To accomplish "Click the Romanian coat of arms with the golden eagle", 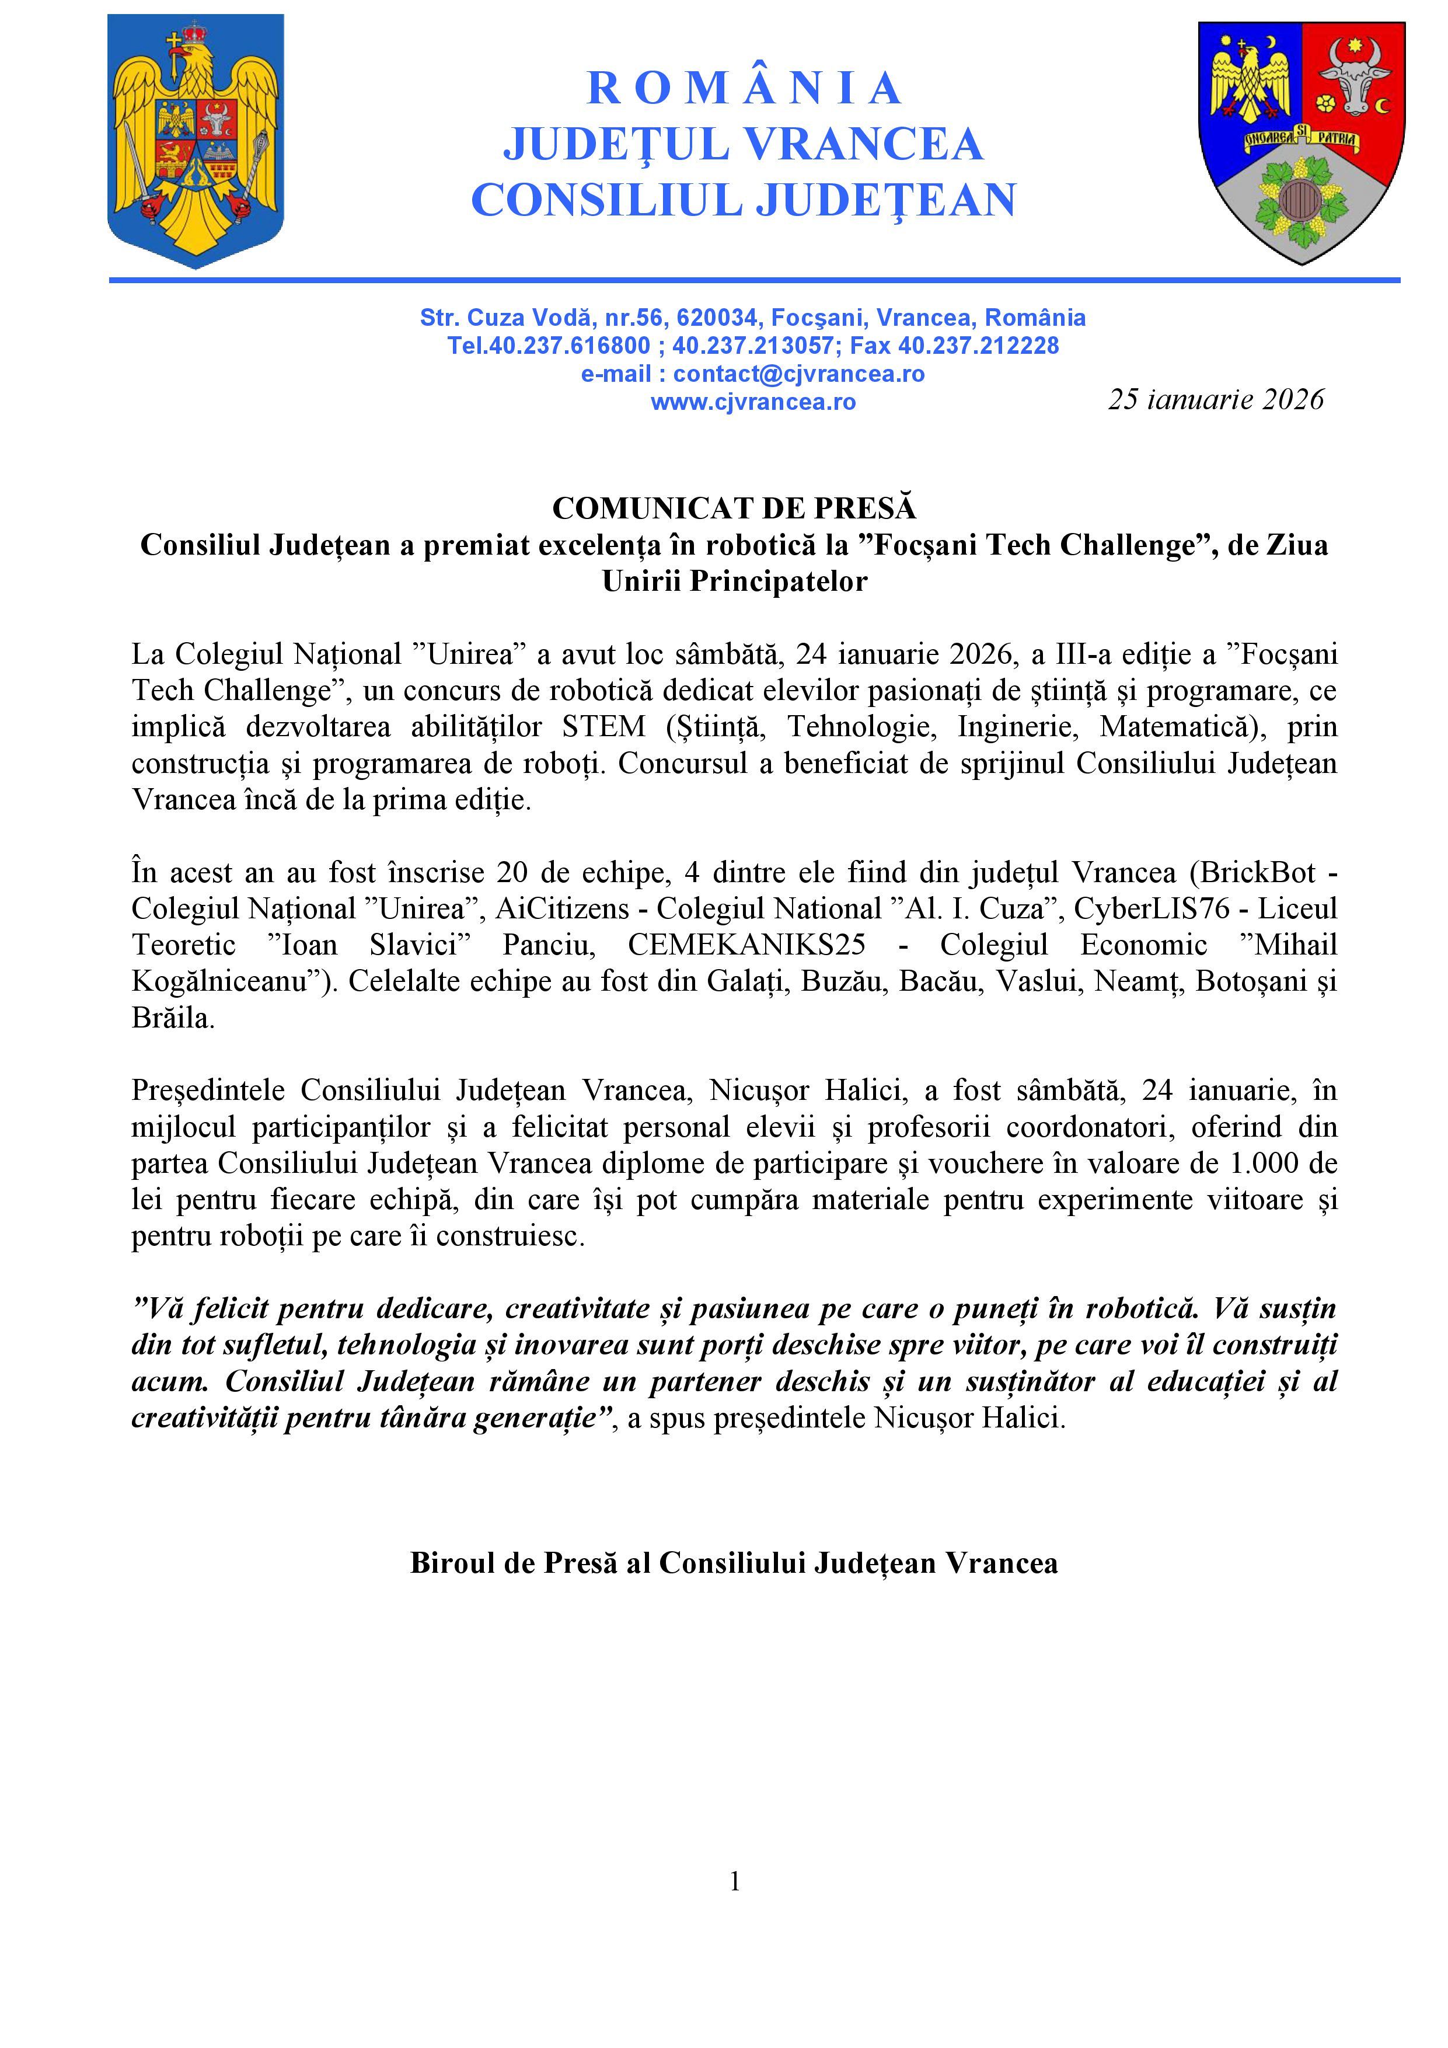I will [x=196, y=140].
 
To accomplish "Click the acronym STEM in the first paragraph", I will [x=603, y=727].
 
